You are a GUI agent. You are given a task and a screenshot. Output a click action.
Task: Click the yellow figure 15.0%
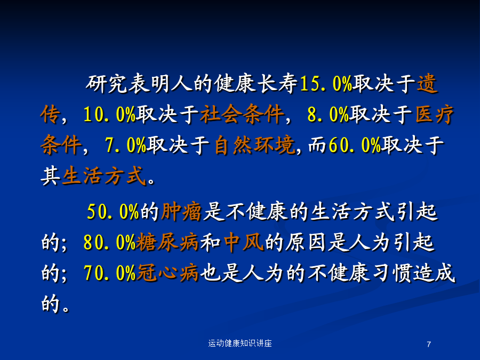point(326,83)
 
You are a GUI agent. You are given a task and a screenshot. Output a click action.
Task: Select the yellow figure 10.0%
point(109,115)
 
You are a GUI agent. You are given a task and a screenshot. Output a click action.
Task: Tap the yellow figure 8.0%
point(328,115)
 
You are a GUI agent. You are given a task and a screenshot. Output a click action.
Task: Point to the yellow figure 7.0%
point(125,145)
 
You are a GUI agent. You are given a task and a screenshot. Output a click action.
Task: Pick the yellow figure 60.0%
point(355,145)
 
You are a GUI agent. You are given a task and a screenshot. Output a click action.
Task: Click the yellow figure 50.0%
point(113,211)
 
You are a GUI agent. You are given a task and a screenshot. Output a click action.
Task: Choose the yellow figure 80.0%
point(109,243)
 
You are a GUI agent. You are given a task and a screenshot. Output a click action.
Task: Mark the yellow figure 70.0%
point(109,273)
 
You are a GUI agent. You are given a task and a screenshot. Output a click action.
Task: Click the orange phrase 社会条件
point(242,115)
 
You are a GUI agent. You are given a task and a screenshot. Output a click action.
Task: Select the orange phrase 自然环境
point(255,145)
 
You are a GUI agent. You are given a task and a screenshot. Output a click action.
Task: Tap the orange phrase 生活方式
point(104,176)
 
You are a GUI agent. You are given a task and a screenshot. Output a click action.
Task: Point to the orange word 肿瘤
point(181,212)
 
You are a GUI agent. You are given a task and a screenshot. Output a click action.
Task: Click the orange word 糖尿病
point(167,243)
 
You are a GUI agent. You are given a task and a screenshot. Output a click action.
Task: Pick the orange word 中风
point(244,243)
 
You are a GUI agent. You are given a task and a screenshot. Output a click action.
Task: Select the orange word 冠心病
point(167,273)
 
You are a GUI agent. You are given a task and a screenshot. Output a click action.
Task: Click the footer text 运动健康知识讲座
point(240,343)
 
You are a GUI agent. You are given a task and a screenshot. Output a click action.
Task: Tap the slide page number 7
point(429,345)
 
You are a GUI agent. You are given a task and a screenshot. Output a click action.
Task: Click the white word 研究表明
point(128,83)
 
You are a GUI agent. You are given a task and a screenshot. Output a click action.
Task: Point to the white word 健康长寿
point(255,83)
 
